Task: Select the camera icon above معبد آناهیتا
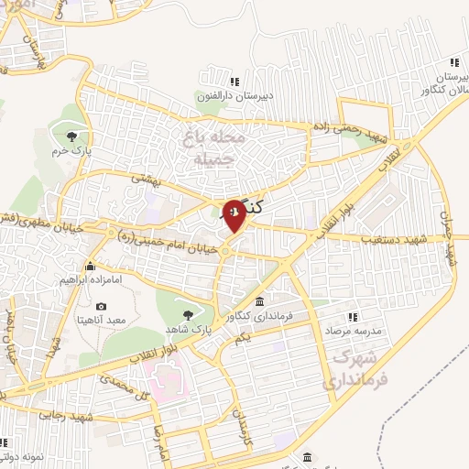coord(101,305)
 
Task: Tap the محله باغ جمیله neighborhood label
coord(216,148)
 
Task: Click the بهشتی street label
coord(147,179)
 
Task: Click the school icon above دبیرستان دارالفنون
coord(234,81)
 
